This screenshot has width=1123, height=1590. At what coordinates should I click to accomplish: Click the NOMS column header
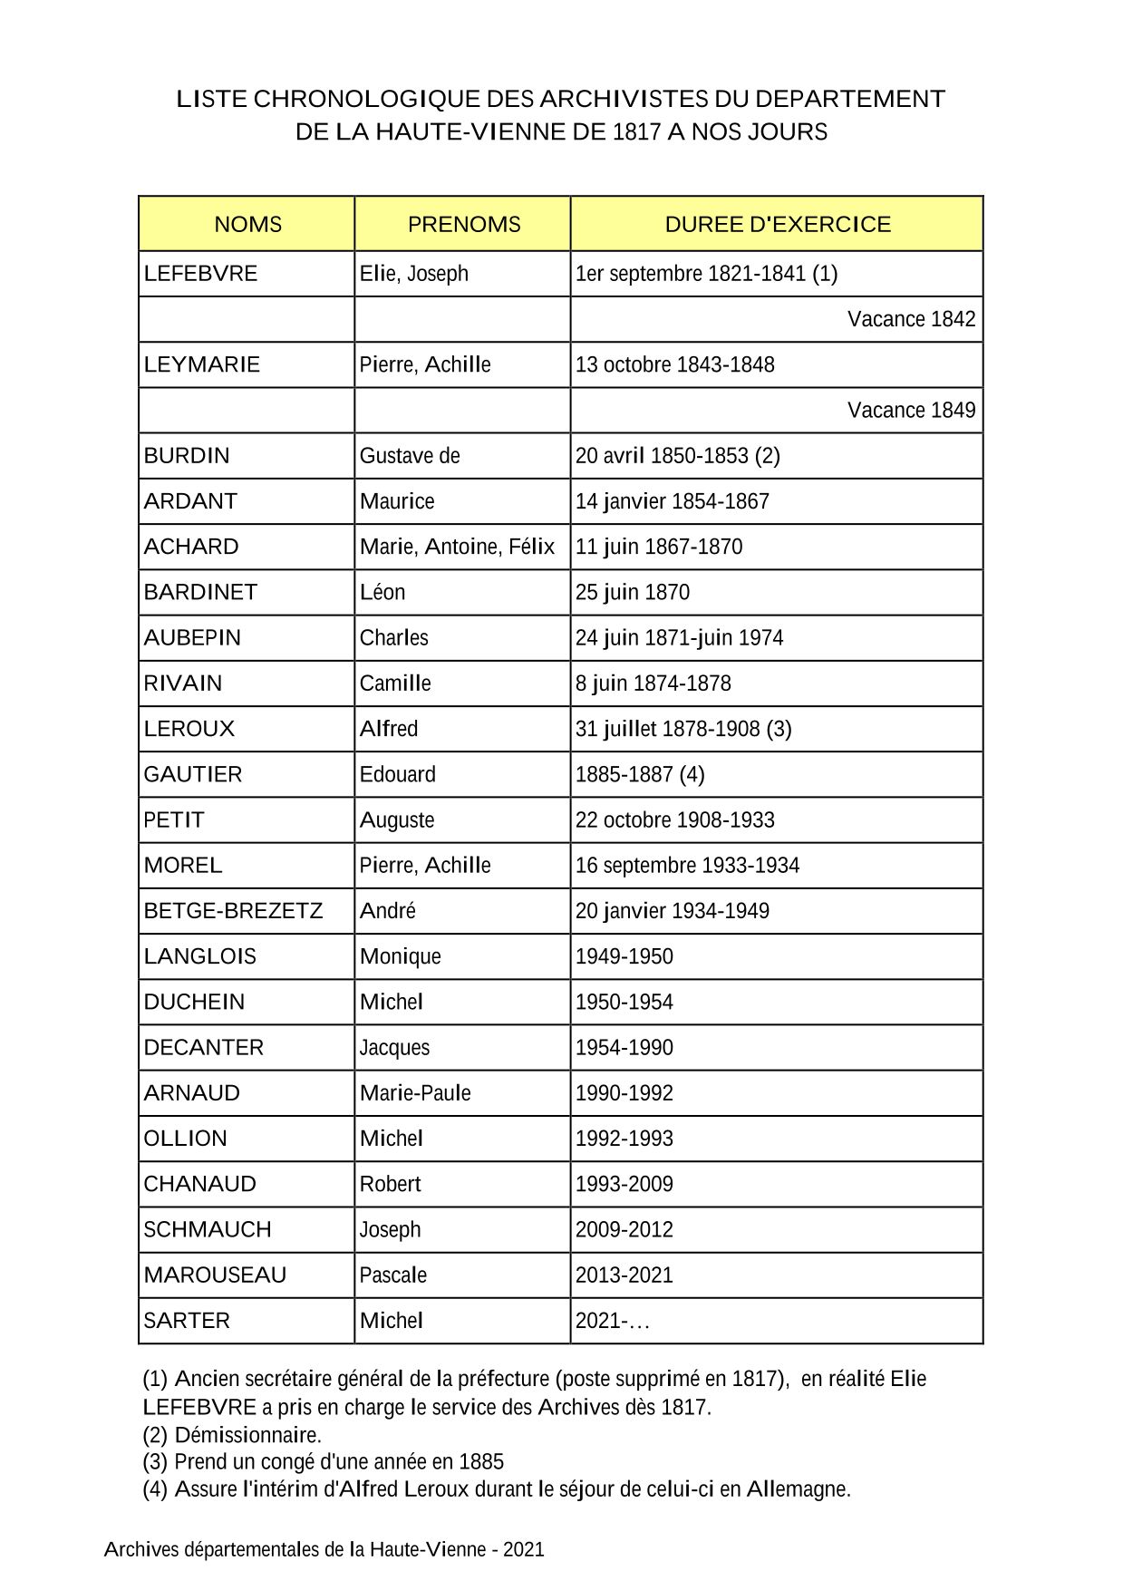coord(247,224)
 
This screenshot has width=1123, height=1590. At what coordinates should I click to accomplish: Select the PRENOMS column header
coord(463,224)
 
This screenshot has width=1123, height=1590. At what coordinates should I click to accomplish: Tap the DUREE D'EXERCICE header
coord(777,224)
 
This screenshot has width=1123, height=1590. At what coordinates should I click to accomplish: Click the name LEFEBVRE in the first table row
coord(200,274)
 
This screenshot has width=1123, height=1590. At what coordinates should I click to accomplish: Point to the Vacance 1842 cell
coord(911,319)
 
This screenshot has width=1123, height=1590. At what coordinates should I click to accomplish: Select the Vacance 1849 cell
coord(911,410)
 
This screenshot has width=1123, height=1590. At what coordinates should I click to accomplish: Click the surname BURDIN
coord(187,456)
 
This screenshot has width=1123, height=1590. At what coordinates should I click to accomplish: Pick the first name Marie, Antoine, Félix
coord(457,547)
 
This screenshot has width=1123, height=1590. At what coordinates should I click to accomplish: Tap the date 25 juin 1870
coord(632,592)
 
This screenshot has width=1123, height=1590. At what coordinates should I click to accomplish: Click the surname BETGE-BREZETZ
coord(233,911)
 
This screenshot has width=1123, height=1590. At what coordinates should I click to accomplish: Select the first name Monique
coord(400,956)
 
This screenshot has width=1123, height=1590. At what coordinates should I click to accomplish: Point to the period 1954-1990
coord(624,1047)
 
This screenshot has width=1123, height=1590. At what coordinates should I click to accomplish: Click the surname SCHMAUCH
coord(208,1229)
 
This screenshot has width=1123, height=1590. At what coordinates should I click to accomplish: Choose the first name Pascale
coord(392,1275)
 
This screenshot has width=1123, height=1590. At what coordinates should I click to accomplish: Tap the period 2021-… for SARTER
coord(613,1321)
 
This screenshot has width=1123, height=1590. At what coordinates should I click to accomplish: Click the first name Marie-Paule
coord(415,1092)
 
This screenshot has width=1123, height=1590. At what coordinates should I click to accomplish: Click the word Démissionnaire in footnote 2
coord(247,1435)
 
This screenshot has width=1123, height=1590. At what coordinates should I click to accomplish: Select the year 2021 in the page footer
coord(524,1549)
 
